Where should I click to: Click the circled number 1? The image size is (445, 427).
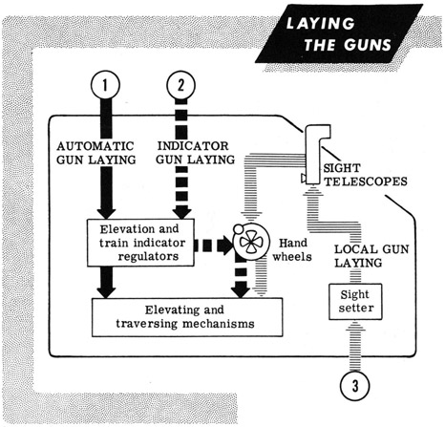[105, 85]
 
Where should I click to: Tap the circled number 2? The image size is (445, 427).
[180, 85]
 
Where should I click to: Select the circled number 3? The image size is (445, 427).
[355, 386]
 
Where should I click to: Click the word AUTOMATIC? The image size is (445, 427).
[95, 146]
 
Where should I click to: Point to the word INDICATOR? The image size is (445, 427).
[193, 146]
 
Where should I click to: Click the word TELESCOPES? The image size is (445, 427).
[366, 181]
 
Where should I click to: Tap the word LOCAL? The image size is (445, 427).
[354, 249]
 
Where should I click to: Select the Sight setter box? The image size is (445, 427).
[355, 302]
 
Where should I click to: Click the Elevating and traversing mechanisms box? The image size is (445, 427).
[187, 317]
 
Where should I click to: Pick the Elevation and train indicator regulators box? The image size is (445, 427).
[140, 243]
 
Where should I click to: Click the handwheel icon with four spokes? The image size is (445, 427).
[251, 242]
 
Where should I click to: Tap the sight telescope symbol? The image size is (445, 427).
[316, 154]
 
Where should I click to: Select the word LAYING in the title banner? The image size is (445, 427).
[320, 24]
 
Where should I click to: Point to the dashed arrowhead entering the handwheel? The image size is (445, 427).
[226, 246]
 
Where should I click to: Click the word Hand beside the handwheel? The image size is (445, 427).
[293, 243]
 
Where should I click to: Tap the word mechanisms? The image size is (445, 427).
[219, 324]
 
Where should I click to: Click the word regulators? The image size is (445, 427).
[148, 256]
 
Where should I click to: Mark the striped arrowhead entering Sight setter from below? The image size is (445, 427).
[354, 326]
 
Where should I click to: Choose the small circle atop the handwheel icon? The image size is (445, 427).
[238, 228]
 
